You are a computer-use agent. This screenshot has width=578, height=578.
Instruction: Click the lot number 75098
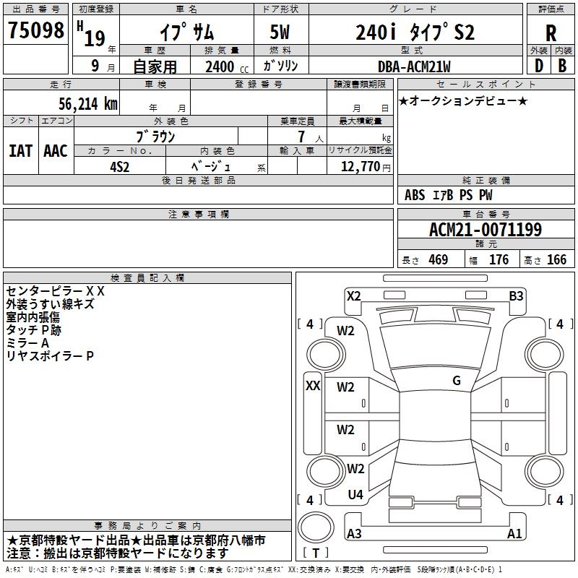pyautogui.click(x=36, y=30)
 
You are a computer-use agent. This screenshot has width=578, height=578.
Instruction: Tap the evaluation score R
pyautogui.click(x=551, y=33)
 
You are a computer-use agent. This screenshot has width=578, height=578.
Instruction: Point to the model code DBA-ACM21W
pyautogui.click(x=414, y=66)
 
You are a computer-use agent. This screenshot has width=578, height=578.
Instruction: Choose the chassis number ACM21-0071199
pyautogui.click(x=486, y=230)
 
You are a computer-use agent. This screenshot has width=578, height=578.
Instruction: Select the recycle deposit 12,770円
pyautogui.click(x=360, y=166)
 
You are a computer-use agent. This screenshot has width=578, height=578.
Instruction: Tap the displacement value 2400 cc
pyautogui.click(x=220, y=66)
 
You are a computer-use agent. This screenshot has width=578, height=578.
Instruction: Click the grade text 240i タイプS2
pyautogui.click(x=415, y=33)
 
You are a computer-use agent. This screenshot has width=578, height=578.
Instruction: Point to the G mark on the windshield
pyautogui.click(x=457, y=380)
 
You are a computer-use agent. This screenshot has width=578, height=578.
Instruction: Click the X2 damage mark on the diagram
pyautogui.click(x=354, y=296)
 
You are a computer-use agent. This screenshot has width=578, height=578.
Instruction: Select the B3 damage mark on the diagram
pyautogui.click(x=516, y=296)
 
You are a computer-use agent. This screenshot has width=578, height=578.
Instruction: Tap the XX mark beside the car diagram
pyautogui.click(x=313, y=385)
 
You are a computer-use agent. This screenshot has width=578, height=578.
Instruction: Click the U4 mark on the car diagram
pyautogui.click(x=355, y=495)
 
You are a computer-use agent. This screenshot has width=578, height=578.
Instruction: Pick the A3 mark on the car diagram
pyautogui.click(x=354, y=534)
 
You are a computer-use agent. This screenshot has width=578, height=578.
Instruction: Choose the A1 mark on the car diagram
pyautogui.click(x=514, y=534)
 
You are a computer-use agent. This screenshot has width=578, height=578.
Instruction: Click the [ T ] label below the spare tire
pyautogui.click(x=316, y=553)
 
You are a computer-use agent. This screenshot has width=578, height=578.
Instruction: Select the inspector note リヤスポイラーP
pyautogui.click(x=50, y=356)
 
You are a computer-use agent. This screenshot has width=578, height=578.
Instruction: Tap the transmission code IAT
pyautogui.click(x=20, y=150)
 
